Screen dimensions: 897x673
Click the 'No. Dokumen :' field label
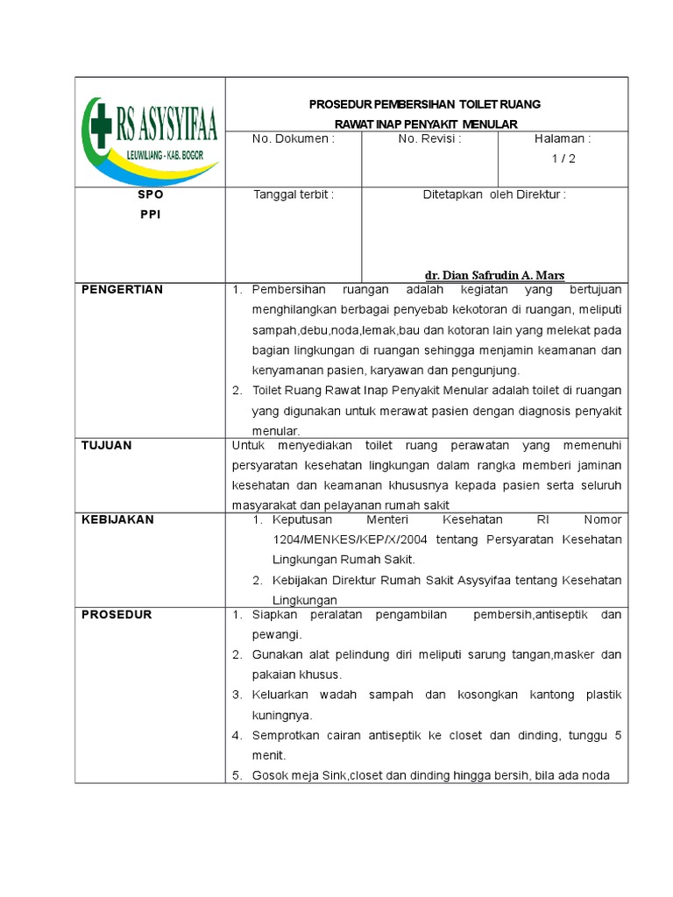point(294,138)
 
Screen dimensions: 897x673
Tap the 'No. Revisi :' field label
point(429,138)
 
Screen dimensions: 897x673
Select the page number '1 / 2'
point(563,159)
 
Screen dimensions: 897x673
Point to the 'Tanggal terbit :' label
point(294,194)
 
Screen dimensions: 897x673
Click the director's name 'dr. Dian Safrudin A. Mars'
point(495,275)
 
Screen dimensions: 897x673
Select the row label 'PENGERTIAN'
point(122,290)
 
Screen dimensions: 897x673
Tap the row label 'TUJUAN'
point(106,445)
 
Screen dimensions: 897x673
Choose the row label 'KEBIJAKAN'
point(117,519)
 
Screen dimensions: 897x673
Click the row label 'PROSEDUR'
point(117,614)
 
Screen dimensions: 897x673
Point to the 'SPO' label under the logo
point(150,195)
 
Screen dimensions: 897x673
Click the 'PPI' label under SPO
point(150,214)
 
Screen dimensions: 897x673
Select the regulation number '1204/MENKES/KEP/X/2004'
point(333,540)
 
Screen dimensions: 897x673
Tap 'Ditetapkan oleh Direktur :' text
point(495,194)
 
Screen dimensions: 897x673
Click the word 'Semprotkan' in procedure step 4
point(283,736)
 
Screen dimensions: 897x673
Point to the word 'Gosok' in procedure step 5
point(268,776)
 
